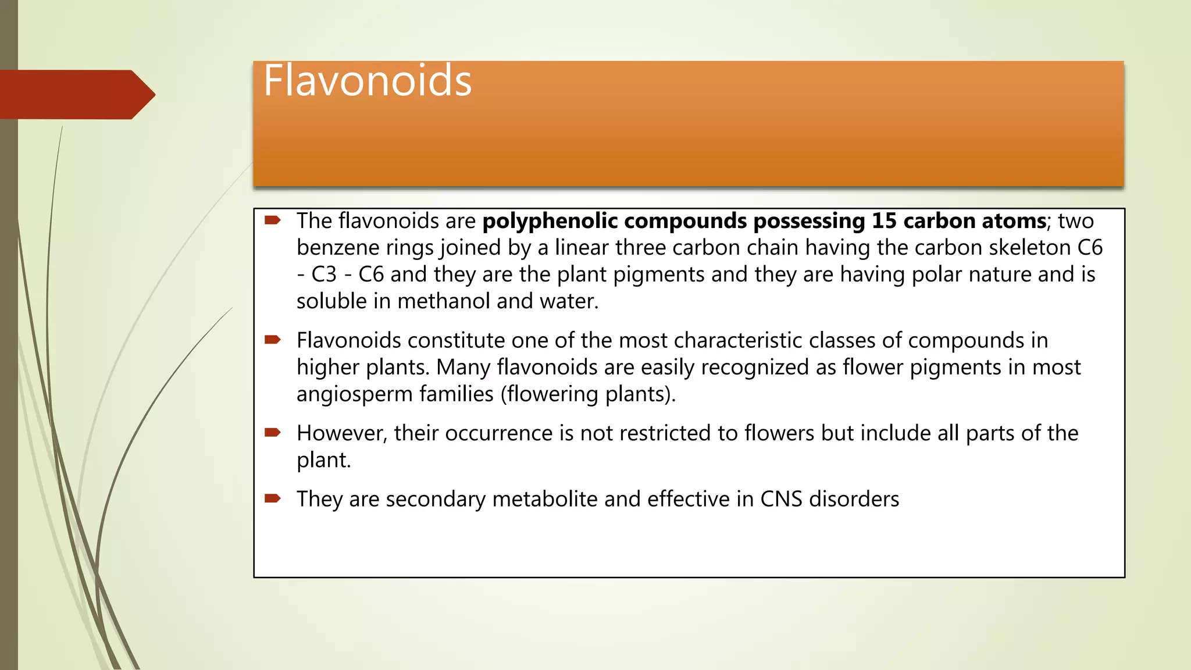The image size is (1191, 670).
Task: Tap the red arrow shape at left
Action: [x=76, y=94]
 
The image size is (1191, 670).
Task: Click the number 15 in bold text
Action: [x=883, y=221]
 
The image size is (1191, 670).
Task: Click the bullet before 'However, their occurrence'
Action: [x=273, y=432]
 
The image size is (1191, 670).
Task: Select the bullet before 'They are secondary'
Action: [x=273, y=498]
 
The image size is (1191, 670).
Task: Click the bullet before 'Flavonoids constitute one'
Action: [x=273, y=340]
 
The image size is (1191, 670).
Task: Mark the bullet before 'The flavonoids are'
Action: [x=273, y=220]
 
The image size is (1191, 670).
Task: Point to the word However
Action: [x=341, y=433]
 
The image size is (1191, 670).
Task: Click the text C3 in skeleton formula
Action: [x=324, y=275]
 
